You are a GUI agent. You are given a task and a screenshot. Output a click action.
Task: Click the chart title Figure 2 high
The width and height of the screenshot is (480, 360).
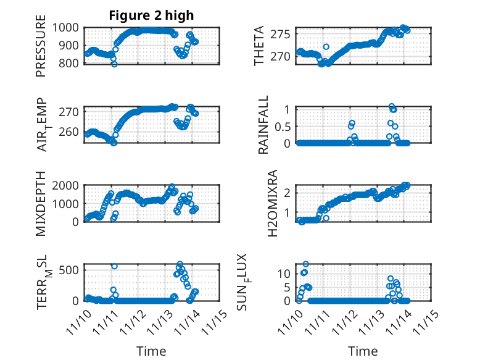tap(151, 15)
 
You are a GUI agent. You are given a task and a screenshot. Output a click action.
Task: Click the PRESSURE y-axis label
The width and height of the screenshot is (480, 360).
tap(41, 50)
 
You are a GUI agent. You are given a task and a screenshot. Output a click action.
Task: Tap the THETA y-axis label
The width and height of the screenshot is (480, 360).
tap(260, 46)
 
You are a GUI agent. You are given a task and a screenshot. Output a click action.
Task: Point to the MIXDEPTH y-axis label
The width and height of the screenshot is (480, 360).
tap(41, 203)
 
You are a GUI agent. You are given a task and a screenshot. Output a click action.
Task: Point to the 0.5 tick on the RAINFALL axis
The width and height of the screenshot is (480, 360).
tap(282, 126)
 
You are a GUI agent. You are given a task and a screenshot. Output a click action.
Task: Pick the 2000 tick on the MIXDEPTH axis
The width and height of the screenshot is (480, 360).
tap(65, 185)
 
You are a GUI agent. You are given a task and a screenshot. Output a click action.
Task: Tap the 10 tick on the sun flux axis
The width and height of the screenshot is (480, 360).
tap(284, 273)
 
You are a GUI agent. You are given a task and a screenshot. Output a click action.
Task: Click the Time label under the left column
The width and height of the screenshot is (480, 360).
tap(151, 351)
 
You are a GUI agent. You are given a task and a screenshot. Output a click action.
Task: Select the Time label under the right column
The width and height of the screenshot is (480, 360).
tap(363, 351)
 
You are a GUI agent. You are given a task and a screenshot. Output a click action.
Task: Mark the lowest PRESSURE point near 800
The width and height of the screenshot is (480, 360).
tap(114, 64)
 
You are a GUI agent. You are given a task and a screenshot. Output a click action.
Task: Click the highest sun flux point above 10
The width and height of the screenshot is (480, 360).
tap(305, 264)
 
